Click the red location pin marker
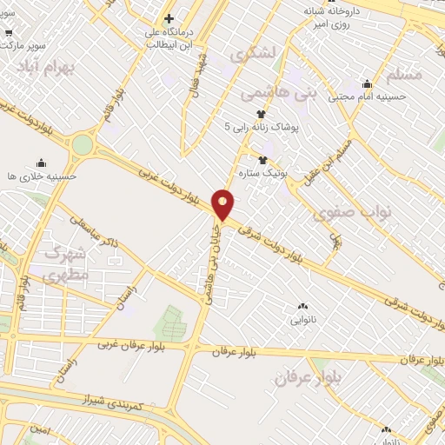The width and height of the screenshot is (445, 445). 223,203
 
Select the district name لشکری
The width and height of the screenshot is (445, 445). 254,54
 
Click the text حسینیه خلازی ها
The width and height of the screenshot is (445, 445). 42,176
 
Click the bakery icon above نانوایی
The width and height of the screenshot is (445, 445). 302,307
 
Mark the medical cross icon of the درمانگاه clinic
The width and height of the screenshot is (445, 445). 169,18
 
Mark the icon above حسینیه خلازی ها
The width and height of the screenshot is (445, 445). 41,163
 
